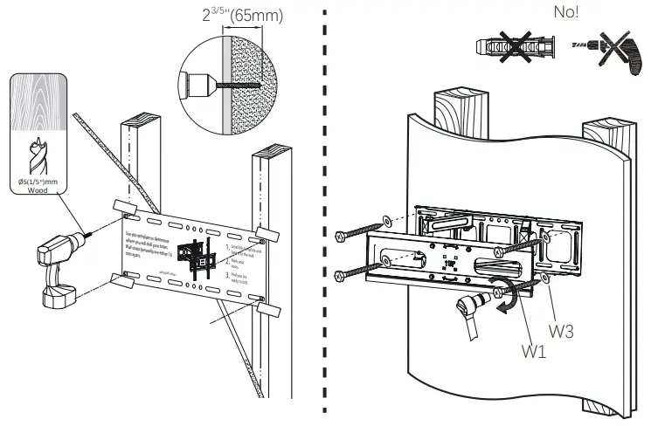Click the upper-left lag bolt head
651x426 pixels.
tap(342, 235)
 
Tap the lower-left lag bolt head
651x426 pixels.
tap(342, 276)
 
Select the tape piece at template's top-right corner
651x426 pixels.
tap(266, 234)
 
